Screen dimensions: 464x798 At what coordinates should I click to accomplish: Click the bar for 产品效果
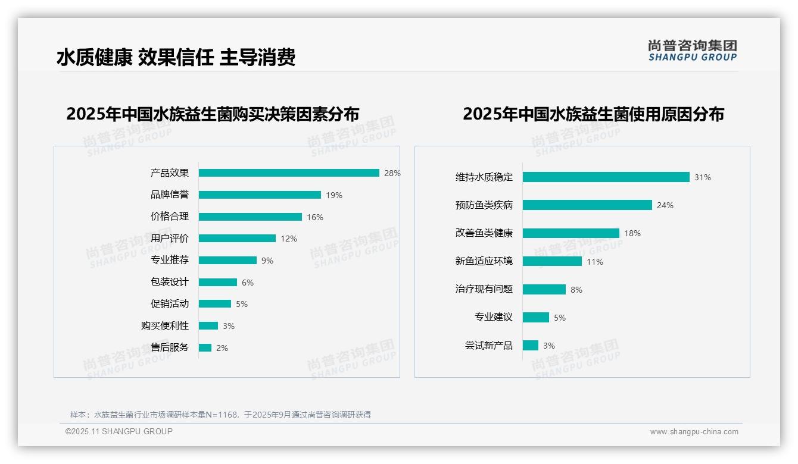point(289,173)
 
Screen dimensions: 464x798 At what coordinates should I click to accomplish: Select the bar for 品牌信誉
point(260,195)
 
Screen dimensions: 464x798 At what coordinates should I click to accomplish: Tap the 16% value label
point(315,217)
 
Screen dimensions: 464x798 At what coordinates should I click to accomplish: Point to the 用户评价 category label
point(170,239)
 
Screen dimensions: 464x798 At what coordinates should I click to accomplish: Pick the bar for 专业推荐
point(227,261)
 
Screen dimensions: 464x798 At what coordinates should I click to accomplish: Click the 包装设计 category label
point(170,282)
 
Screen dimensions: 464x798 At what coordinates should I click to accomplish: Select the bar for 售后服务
point(205,348)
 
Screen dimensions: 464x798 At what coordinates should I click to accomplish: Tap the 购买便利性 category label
point(165,326)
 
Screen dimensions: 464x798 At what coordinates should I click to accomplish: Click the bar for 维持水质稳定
point(606,177)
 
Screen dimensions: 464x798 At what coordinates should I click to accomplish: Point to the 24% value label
point(665,205)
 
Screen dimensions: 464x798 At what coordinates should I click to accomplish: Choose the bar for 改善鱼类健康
point(571,233)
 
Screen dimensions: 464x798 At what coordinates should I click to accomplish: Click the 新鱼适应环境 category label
point(484,261)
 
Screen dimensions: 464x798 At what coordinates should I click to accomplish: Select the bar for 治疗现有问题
point(544,290)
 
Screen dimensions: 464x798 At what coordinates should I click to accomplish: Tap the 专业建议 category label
point(494,317)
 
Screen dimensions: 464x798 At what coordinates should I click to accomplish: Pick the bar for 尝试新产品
point(531,346)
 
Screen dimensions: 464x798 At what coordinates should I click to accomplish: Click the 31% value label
point(703,177)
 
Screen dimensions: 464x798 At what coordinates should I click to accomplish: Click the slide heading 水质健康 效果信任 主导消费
point(176,58)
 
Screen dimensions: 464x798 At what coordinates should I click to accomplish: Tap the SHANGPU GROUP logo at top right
point(693,50)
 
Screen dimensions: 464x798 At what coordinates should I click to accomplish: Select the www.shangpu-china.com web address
point(694,432)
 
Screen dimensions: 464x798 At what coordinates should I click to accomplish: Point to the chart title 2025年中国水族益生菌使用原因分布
point(593,114)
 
